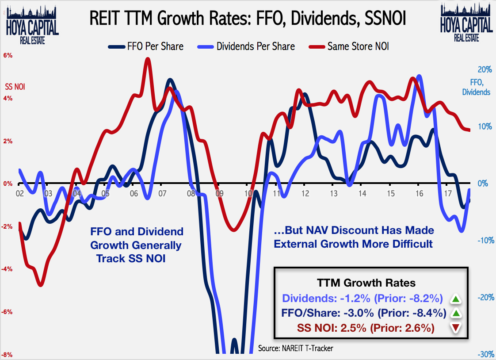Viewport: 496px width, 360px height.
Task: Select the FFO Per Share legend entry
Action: coord(145,46)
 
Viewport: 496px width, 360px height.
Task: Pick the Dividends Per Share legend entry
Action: coord(247,46)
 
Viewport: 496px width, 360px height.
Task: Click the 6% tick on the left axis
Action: coord(8,56)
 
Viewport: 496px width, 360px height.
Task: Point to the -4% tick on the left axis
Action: coord(8,269)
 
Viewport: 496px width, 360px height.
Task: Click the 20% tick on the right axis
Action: coord(485,70)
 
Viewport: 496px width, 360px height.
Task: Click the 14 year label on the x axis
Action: coord(362,193)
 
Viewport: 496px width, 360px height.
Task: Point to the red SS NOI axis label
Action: coord(15,87)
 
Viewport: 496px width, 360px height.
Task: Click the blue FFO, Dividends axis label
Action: coord(476,88)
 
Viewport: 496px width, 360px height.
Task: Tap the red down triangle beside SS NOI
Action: coord(455,328)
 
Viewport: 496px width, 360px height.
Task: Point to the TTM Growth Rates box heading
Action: coord(366,283)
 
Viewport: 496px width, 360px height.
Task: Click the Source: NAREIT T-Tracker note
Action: coord(296,349)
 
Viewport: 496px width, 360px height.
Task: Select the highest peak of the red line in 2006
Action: coord(148,59)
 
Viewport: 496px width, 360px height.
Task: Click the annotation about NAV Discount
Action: coord(354,237)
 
